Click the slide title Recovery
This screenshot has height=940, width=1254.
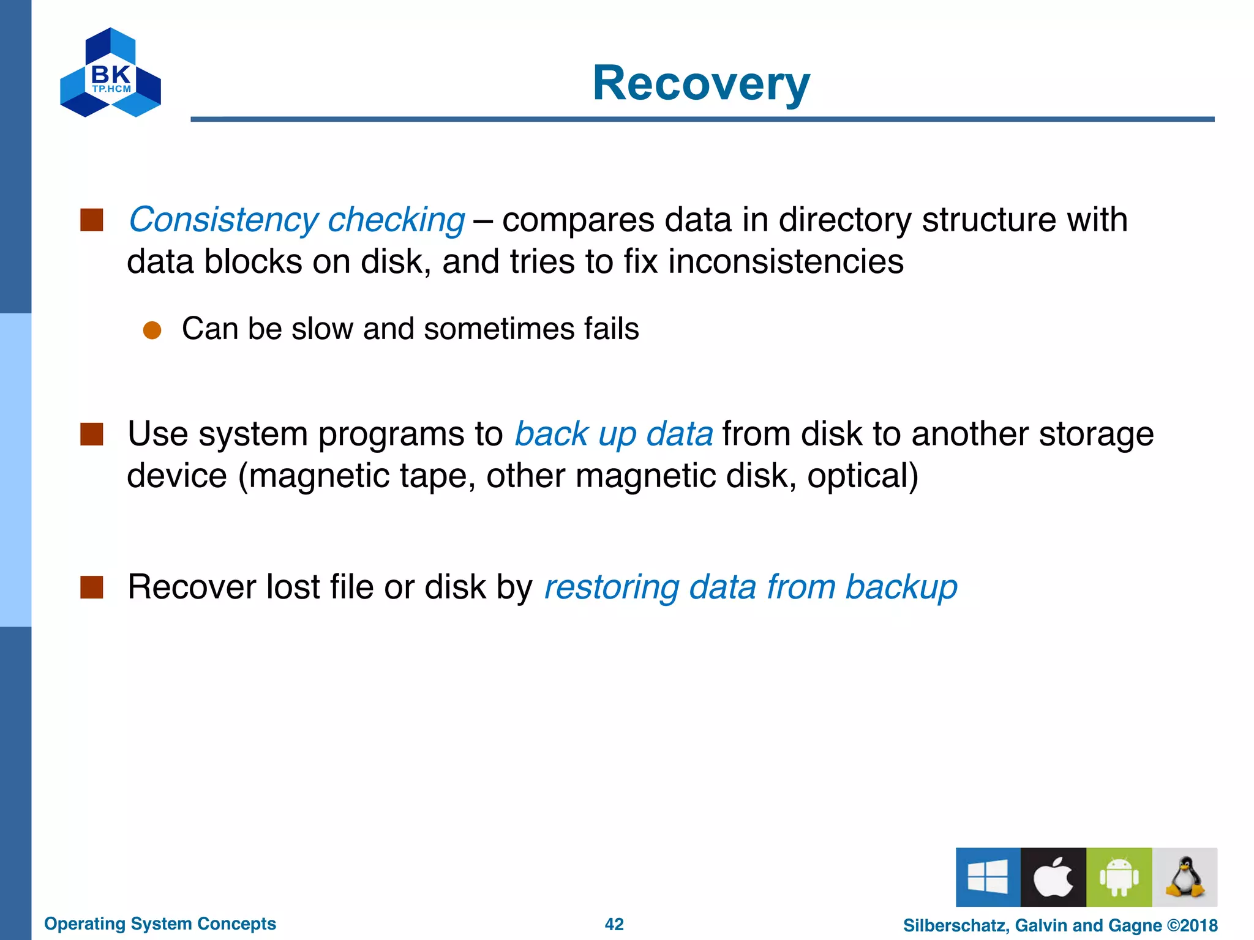click(x=701, y=84)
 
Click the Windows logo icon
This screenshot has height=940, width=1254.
click(x=988, y=877)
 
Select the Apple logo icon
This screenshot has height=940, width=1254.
click(x=1053, y=877)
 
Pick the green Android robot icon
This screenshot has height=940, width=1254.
click(x=1119, y=877)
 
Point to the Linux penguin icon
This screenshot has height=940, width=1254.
click(x=1184, y=877)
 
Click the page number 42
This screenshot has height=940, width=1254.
click(x=614, y=924)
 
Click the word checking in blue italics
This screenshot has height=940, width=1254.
click(x=396, y=220)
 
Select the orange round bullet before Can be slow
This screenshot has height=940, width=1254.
click(x=152, y=330)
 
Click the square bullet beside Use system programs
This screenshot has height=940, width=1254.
click(x=92, y=434)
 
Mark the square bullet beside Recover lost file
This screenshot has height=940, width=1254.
click(x=92, y=587)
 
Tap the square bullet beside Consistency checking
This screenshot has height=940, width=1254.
click(x=92, y=220)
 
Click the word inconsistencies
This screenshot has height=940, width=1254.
click(x=786, y=262)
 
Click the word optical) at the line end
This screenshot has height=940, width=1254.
click(x=863, y=476)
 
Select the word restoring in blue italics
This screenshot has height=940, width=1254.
click(x=612, y=587)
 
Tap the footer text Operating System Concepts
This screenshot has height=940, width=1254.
click(x=160, y=923)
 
